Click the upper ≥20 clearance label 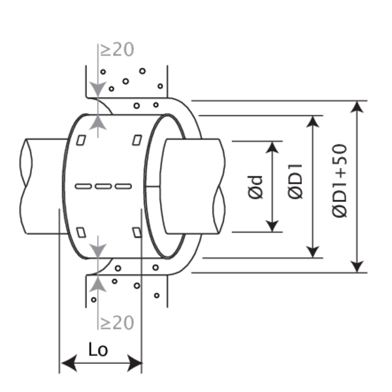point(115,50)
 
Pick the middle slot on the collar point(103,187)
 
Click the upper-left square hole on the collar point(81,140)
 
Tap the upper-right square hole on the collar point(137,140)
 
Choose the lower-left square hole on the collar point(81,233)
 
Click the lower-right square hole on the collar point(137,233)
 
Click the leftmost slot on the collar point(83,187)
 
